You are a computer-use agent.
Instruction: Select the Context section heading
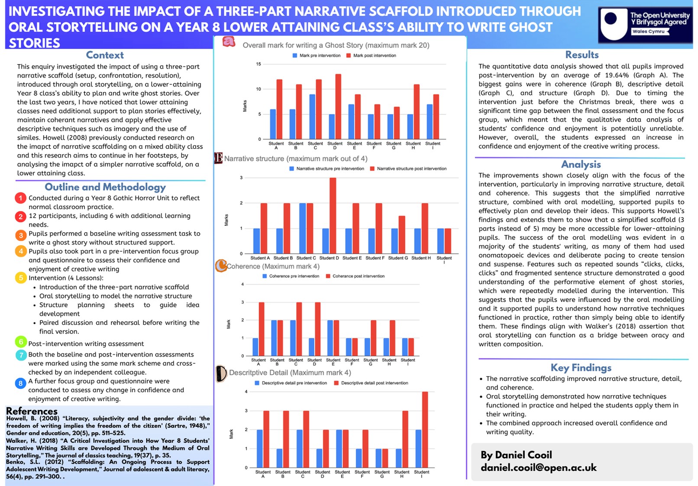pos(105,55)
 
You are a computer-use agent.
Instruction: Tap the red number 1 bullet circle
pos(20,198)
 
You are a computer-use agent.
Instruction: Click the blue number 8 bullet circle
pos(20,383)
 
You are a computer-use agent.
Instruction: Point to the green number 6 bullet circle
pos(21,342)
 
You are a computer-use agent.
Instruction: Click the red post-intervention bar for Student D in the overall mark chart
pos(338,107)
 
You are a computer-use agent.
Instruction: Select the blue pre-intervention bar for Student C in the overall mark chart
pos(312,117)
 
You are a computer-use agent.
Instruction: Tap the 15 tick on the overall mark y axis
pos(259,64)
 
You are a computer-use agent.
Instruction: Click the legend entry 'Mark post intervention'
pos(371,55)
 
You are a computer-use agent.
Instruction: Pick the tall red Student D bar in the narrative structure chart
pos(333,215)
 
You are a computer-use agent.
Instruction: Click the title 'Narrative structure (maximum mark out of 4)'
pos(296,159)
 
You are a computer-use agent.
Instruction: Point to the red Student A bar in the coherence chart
pos(262,329)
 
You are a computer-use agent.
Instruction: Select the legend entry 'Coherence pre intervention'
pos(291,276)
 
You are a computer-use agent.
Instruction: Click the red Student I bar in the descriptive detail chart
pos(425,430)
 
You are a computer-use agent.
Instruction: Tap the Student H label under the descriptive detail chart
pos(402,474)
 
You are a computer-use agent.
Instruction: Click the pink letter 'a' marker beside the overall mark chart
pos(229,42)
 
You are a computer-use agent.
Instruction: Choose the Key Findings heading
pos(581,368)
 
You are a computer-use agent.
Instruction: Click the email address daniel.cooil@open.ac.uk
pos(539,468)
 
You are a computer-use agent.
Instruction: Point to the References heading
pos(32,411)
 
